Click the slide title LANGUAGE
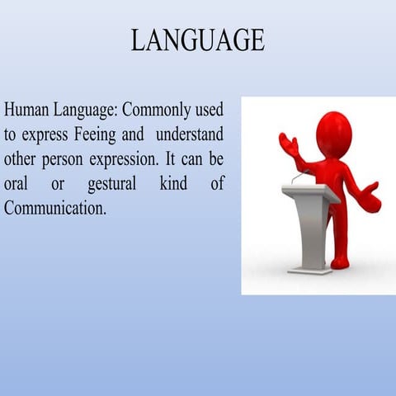[x=198, y=39]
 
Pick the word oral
[x=16, y=183]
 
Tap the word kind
[x=173, y=183]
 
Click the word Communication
[x=54, y=207]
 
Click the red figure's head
[x=333, y=133]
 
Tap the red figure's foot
[x=340, y=263]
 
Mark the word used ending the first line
[x=208, y=110]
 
